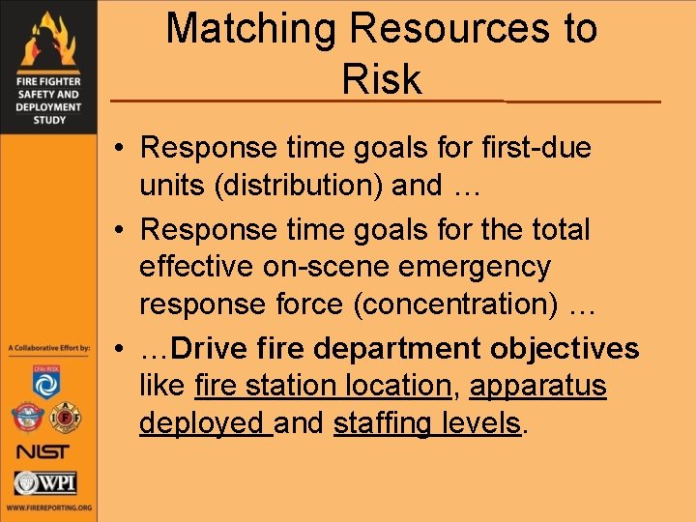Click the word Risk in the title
pos(382,79)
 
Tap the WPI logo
pos(45,482)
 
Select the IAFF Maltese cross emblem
pos(67,417)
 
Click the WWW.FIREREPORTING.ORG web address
pos(48,507)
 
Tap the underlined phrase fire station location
pos(323,386)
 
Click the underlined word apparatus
pos(537,386)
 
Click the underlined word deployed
pos(203,422)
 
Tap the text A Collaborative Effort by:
pos(48,347)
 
